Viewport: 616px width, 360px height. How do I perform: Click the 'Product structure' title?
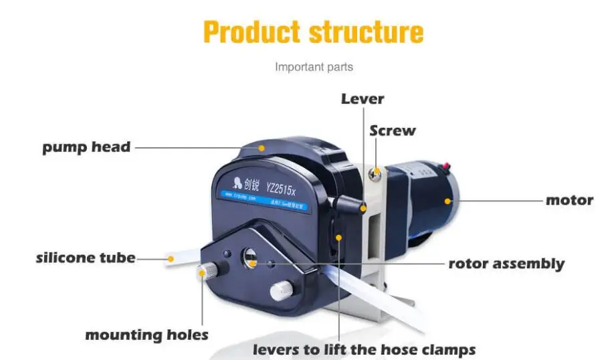pyautogui.click(x=313, y=31)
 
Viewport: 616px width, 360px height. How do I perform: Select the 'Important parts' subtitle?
pyautogui.click(x=314, y=67)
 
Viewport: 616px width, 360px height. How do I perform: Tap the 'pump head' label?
pyautogui.click(x=86, y=147)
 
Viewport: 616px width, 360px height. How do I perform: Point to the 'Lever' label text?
pyautogui.click(x=363, y=99)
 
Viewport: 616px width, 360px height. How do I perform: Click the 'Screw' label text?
pyautogui.click(x=393, y=130)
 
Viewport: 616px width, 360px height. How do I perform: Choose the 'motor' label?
pyautogui.click(x=569, y=200)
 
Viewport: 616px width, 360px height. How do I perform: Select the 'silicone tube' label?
pyautogui.click(x=85, y=257)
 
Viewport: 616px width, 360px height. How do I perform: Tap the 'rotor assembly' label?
pyautogui.click(x=506, y=264)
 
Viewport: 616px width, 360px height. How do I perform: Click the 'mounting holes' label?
pyautogui.click(x=146, y=335)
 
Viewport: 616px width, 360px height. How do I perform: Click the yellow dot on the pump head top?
pyautogui.click(x=262, y=147)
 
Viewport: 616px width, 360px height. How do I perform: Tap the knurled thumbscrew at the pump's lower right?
pyautogui.click(x=281, y=290)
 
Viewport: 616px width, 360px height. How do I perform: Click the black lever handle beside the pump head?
pyautogui.click(x=354, y=204)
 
